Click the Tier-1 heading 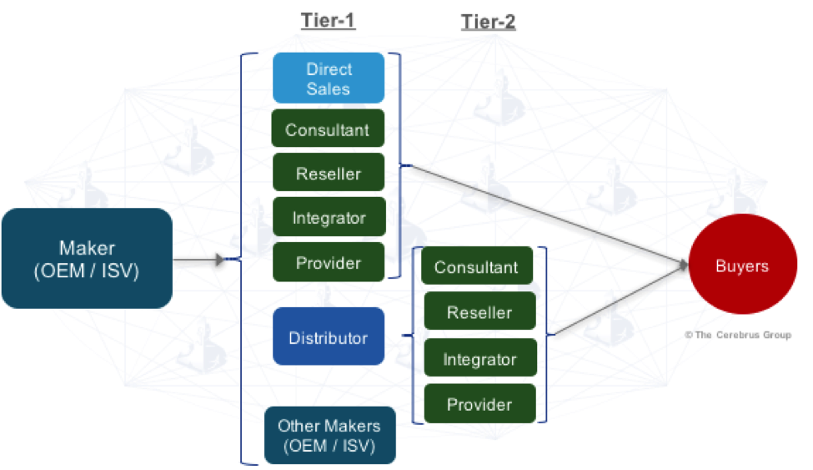click(328, 21)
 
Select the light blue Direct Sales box click(329, 78)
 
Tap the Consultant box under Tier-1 click(328, 129)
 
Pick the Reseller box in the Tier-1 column click(329, 174)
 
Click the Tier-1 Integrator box click(329, 218)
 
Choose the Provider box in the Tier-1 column click(329, 262)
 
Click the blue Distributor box click(329, 337)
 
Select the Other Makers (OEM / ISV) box click(329, 435)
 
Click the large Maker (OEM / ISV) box click(87, 259)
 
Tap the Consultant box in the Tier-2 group click(476, 267)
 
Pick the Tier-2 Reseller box click(479, 312)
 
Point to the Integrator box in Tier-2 click(479, 359)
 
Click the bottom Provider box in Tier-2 click(479, 405)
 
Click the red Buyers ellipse click(742, 266)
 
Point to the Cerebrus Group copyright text click(738, 335)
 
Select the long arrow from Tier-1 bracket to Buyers click(542, 214)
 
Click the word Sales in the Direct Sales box click(329, 88)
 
